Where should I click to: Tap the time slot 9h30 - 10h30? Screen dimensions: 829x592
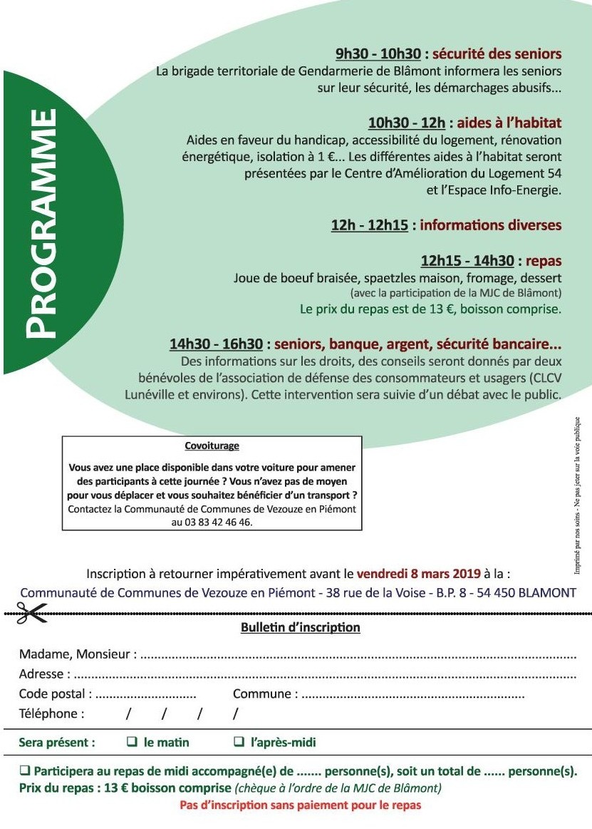point(378,53)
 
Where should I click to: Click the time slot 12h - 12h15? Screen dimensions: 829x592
point(369,225)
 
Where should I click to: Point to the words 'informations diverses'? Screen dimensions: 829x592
point(491,225)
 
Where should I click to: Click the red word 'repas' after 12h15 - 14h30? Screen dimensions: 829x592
point(544,260)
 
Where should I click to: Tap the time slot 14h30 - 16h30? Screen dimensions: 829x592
point(216,345)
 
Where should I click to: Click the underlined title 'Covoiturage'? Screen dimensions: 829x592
point(212,446)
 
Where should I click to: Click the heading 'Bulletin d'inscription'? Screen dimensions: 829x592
point(296,628)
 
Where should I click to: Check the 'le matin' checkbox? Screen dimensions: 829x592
point(132,742)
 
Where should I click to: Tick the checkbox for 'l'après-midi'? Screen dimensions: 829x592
point(239,742)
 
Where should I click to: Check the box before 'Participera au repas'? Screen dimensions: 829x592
point(25,771)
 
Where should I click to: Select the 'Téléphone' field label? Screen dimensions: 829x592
point(51,714)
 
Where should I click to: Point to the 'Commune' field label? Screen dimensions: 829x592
point(262,694)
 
